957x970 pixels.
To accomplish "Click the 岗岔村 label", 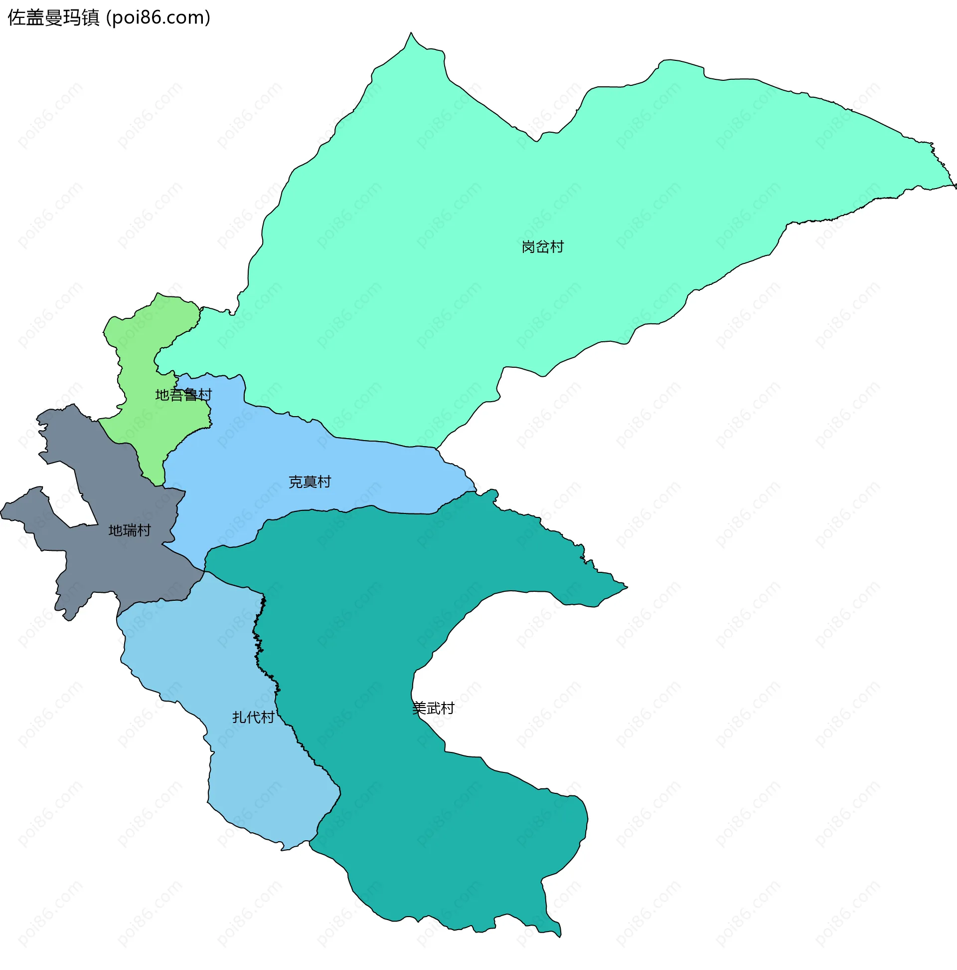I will (x=542, y=247).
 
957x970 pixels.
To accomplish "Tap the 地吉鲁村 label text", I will (x=183, y=395).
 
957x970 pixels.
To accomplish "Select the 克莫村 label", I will (x=310, y=482).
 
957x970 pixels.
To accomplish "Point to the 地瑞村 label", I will (x=130, y=531).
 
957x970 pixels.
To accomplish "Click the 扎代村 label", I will (x=253, y=718).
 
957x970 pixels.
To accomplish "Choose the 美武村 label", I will (x=433, y=709).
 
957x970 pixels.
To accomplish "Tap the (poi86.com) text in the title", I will (x=159, y=18).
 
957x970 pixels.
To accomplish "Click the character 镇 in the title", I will (x=91, y=18).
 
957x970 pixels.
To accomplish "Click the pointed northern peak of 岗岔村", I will (x=411, y=34).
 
